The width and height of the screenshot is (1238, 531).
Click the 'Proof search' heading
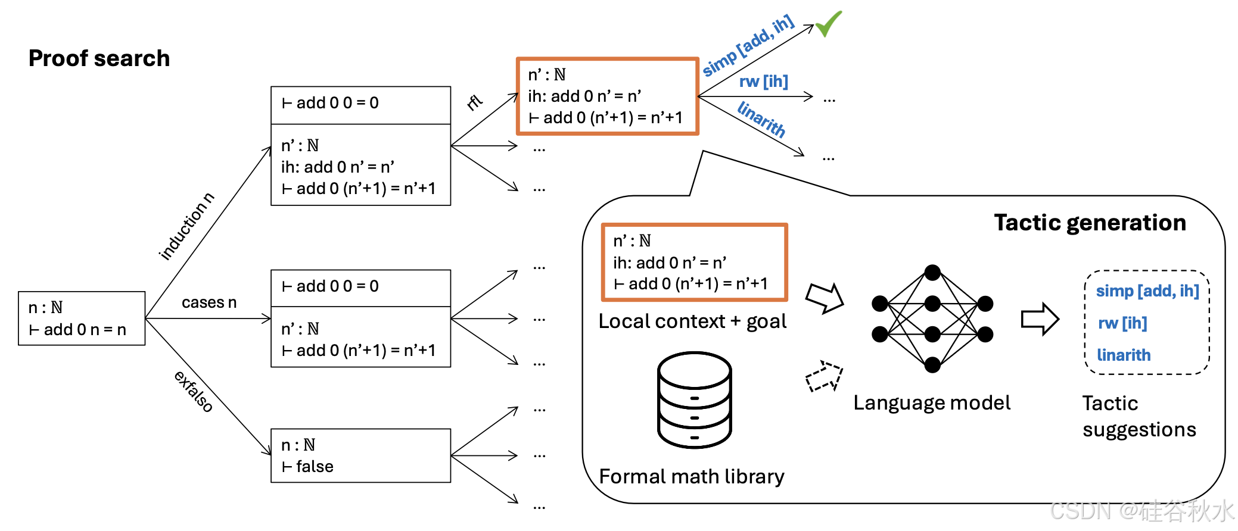click(x=99, y=58)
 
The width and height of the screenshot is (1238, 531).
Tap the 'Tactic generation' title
click(x=1090, y=223)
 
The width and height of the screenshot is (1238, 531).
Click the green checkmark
click(x=828, y=24)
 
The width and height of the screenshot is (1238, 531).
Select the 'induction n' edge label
click(x=186, y=226)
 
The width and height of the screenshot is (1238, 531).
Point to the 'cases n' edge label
click(x=209, y=302)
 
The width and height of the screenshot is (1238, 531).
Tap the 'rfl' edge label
click(x=474, y=102)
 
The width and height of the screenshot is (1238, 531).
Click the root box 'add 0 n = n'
click(x=82, y=318)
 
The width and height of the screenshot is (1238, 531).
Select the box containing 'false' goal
click(x=360, y=455)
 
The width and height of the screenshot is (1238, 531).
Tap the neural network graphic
click(x=932, y=318)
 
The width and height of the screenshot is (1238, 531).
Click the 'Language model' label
click(x=932, y=403)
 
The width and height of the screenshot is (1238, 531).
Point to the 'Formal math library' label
click(x=691, y=476)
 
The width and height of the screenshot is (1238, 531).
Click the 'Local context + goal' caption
click(x=692, y=321)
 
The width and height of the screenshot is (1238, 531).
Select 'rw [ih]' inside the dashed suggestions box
click(x=1122, y=323)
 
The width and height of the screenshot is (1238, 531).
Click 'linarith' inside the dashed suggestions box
click(x=1124, y=355)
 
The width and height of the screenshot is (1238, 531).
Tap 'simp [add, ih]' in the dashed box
click(x=1147, y=291)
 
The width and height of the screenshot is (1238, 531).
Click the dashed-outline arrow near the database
click(x=824, y=376)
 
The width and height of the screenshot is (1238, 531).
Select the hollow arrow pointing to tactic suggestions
click(x=1040, y=319)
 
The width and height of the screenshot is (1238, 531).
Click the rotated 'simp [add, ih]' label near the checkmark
click(x=748, y=46)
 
